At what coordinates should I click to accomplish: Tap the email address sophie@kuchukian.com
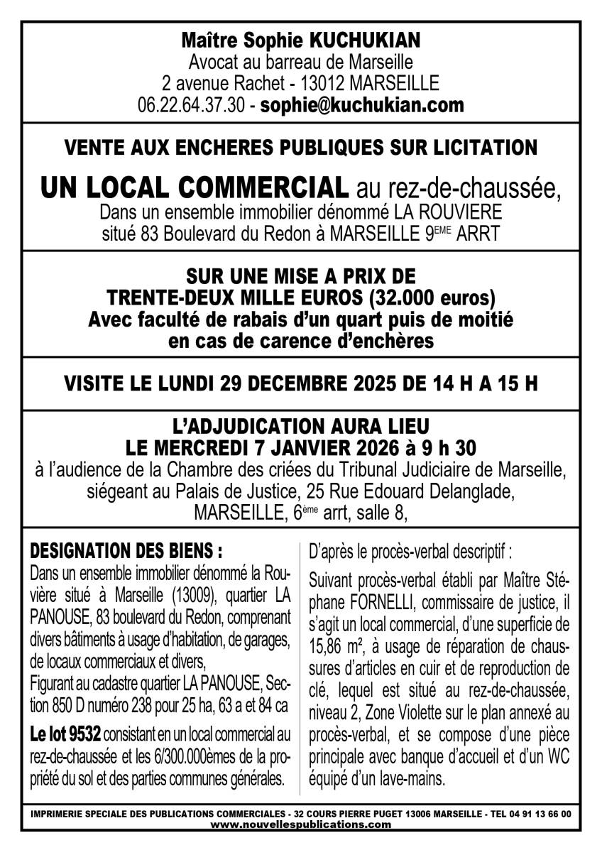pos(362,106)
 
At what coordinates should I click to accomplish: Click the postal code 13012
pos(321,83)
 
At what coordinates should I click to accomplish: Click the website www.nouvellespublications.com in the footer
pos(300,824)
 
